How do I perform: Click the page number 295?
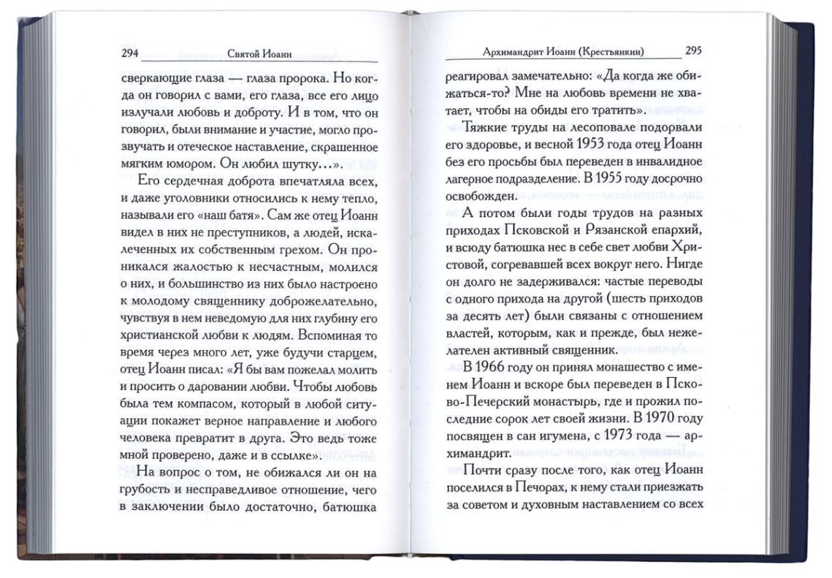[694, 51]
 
